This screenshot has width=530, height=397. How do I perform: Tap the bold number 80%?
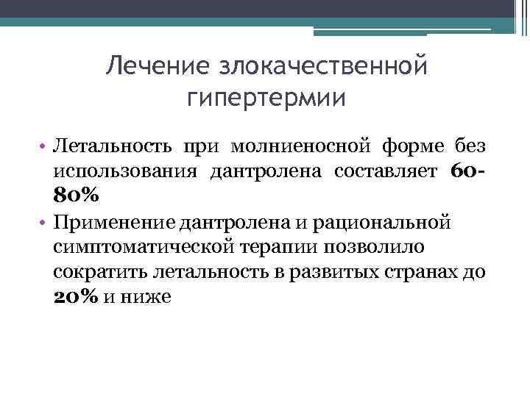[77, 196]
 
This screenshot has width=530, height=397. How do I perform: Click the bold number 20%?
[77, 296]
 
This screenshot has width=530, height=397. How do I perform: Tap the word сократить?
[100, 272]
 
